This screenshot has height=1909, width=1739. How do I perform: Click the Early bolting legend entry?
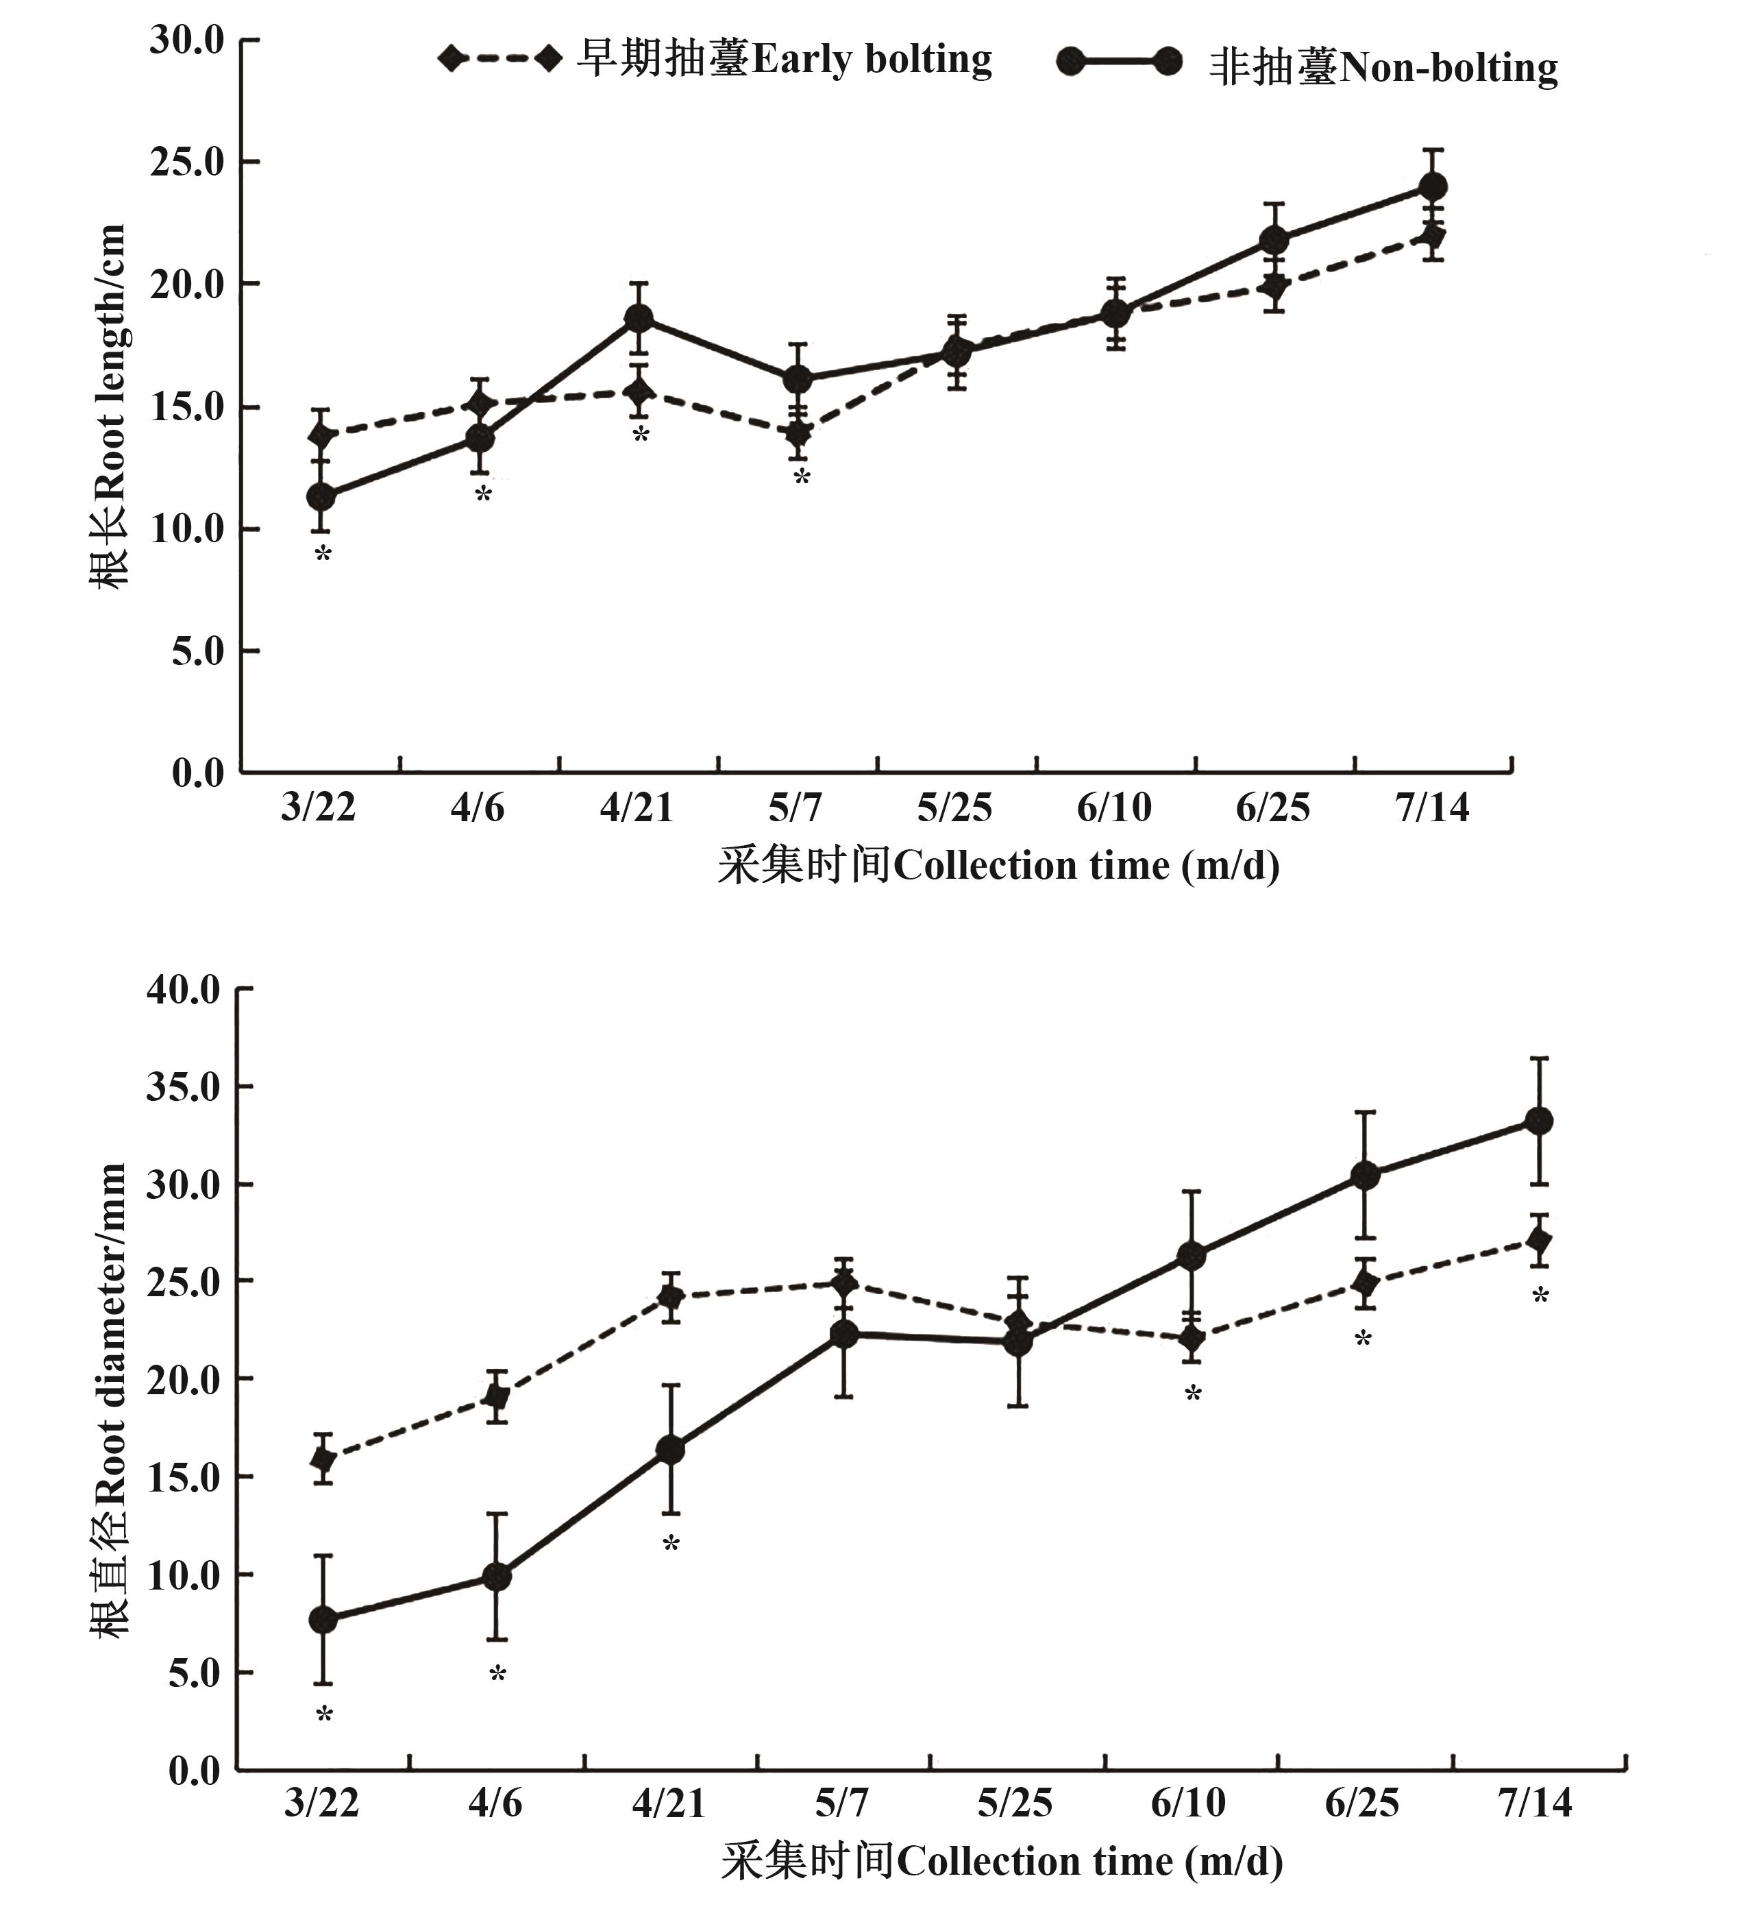pyautogui.click(x=715, y=60)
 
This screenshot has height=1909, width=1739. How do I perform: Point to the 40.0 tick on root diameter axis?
pyautogui.click(x=183, y=990)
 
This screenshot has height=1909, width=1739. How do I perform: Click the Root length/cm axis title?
pyautogui.click(x=108, y=407)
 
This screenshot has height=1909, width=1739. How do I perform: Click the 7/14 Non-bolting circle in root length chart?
pyautogui.click(x=1432, y=186)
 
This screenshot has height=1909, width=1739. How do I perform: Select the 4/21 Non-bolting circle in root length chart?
pyautogui.click(x=639, y=318)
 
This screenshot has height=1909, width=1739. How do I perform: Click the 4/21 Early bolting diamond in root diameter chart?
pyautogui.click(x=671, y=1296)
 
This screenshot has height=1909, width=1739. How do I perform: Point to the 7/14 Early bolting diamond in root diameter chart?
pyautogui.click(x=1539, y=1241)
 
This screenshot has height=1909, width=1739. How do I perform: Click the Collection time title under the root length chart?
pyautogui.click(x=999, y=866)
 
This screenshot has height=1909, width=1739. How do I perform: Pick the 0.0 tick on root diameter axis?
pyautogui.click(x=194, y=1772)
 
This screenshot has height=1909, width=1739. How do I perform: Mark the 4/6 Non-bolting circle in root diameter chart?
pyautogui.click(x=497, y=1577)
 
